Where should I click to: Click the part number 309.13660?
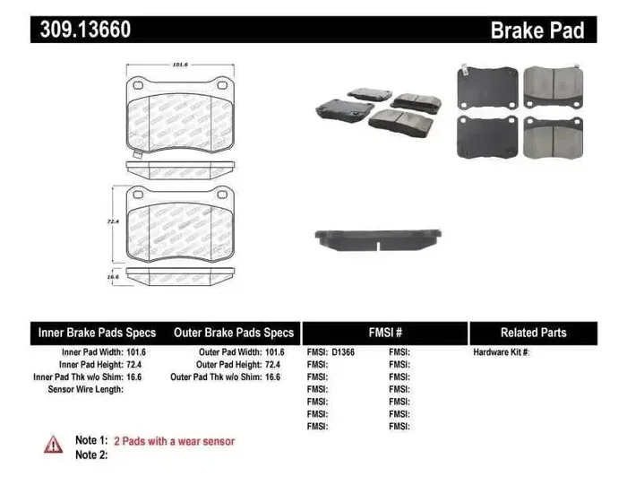tap(85, 30)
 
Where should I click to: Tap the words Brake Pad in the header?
tap(537, 30)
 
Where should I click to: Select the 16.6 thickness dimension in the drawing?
tap(113, 278)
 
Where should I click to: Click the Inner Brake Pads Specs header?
tap(98, 333)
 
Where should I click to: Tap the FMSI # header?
tap(385, 333)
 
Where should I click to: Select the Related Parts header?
tap(533, 333)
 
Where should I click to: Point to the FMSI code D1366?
tap(342, 352)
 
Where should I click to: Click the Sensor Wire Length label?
tap(85, 390)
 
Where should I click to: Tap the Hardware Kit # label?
tap(502, 352)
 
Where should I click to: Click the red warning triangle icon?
tap(54, 443)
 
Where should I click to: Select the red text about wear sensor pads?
tap(174, 441)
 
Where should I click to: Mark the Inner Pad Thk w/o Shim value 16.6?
tap(135, 377)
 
